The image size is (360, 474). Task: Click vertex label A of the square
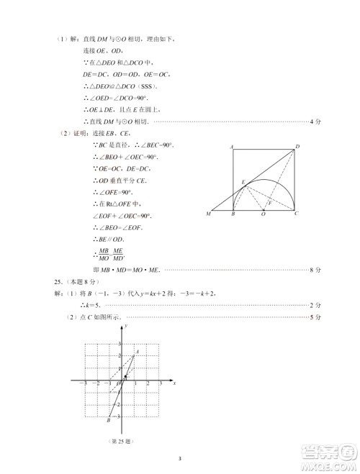232,146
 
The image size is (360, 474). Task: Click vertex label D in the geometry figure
297,147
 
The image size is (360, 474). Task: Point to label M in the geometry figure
208,214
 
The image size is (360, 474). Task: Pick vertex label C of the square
297,214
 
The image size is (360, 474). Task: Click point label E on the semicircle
243,181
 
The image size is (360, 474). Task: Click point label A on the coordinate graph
138,351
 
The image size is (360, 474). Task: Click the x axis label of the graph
175,384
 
